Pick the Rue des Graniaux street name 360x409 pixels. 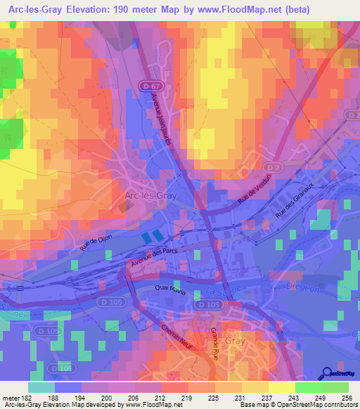click(x=295, y=204)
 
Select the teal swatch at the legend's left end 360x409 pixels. click(x=41, y=387)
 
